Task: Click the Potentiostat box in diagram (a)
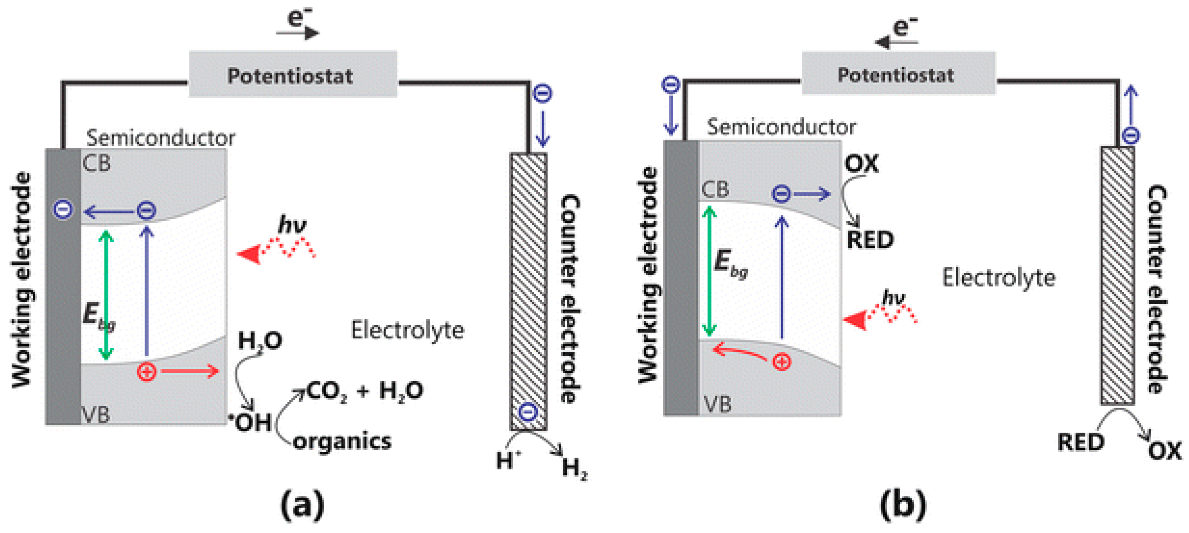tap(293, 74)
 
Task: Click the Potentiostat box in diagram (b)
tap(898, 73)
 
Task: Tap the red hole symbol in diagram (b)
tap(782, 362)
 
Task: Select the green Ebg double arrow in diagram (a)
tap(106, 295)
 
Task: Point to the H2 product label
tap(574, 468)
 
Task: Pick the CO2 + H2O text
tap(364, 391)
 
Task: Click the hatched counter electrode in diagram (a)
tap(528, 290)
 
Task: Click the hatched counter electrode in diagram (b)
tap(1118, 275)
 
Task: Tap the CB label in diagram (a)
tap(97, 163)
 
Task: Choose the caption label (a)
tap(302, 505)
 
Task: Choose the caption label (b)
tap(903, 505)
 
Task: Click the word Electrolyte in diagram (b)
tap(998, 278)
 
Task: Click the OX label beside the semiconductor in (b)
tap(861, 163)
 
